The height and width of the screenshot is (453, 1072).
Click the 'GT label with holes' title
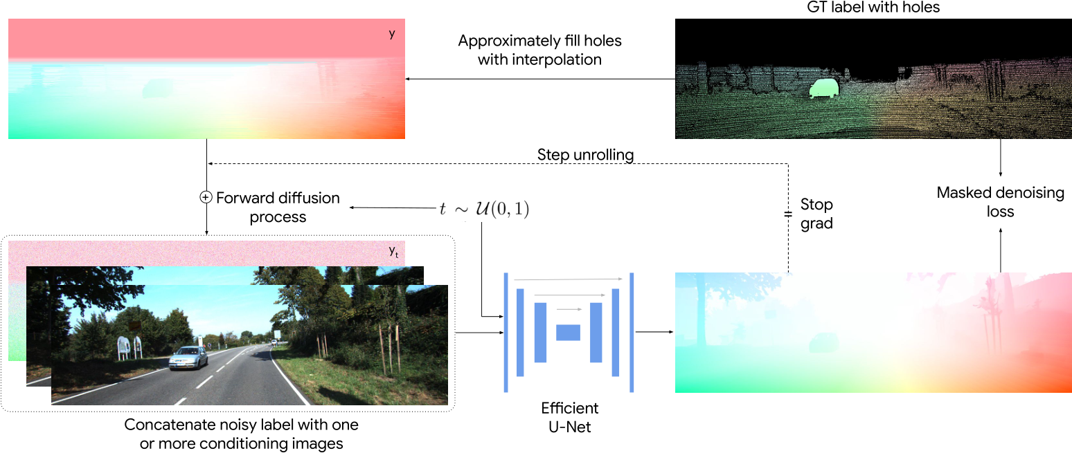(x=873, y=8)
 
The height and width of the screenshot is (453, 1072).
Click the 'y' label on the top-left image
(x=392, y=33)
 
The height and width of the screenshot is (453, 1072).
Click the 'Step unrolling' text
(x=585, y=155)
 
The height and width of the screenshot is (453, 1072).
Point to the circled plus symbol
(x=205, y=198)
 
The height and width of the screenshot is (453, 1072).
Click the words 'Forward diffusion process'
(x=278, y=207)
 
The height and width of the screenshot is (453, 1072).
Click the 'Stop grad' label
(x=816, y=214)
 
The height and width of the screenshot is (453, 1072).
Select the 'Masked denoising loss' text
(x=1000, y=202)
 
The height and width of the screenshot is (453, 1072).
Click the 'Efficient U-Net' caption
(x=569, y=417)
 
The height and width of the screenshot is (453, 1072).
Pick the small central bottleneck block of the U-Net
(x=568, y=332)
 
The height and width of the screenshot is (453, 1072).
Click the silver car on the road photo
(x=189, y=358)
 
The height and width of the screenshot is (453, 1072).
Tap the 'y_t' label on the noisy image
(x=393, y=254)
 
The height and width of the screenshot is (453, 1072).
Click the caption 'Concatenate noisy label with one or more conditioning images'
(x=241, y=434)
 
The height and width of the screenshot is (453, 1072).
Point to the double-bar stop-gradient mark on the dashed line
(x=788, y=214)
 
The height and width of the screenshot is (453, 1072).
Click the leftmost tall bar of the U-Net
(x=506, y=333)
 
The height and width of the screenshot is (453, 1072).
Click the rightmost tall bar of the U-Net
(x=632, y=333)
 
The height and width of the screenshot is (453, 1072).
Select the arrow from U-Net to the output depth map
(x=654, y=332)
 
